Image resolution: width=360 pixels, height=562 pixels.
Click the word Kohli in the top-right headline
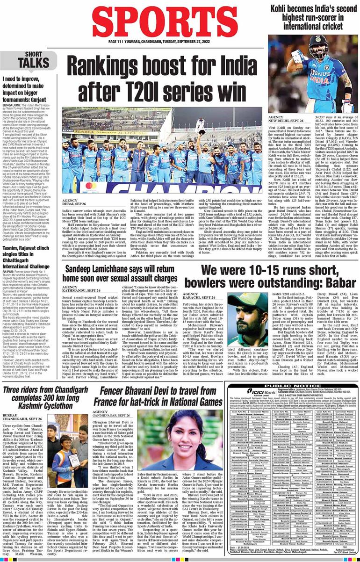284,8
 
